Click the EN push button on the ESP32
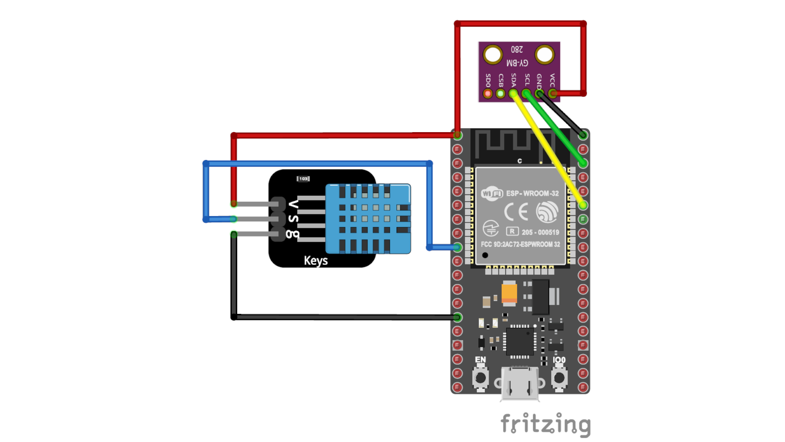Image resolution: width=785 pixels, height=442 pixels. [480, 377]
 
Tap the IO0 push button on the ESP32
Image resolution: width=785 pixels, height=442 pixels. [559, 377]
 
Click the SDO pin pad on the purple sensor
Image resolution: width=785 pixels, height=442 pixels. [488, 94]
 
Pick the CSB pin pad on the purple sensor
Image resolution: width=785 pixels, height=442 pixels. [500, 94]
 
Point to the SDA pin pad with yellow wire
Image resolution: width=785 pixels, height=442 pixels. [513, 94]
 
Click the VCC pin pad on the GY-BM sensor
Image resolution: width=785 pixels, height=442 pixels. [552, 94]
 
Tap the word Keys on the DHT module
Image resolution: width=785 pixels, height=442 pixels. [316, 261]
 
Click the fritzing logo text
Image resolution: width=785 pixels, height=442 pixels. [545, 424]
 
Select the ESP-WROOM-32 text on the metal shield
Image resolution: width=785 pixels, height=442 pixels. [532, 193]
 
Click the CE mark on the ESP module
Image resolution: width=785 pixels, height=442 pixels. [516, 212]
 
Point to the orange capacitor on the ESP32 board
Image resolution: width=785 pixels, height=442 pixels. [509, 293]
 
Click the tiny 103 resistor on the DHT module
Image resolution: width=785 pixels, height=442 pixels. [303, 179]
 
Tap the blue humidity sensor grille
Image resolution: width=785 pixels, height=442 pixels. [368, 219]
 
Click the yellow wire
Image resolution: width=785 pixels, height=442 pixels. [548, 149]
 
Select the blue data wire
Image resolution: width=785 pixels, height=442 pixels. [319, 164]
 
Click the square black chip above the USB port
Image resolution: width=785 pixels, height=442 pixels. [520, 341]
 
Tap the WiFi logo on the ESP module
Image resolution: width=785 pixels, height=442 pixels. [492, 193]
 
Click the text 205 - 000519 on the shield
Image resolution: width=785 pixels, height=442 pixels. [540, 232]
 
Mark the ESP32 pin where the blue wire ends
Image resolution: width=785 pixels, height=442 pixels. [458, 247]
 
